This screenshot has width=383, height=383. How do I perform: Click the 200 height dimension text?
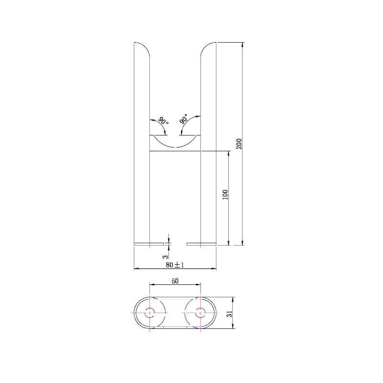[239, 144]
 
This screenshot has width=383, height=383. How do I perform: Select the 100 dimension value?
[225, 194]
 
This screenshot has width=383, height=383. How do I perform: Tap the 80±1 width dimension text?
[175, 265]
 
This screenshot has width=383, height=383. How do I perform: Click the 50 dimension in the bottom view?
[175, 282]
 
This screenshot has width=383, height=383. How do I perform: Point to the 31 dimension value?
[229, 314]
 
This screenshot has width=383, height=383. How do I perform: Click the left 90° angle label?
[163, 121]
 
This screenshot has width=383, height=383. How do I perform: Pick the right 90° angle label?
[185, 120]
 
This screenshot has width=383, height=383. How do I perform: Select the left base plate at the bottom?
[148, 244]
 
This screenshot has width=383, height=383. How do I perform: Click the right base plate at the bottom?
[201, 244]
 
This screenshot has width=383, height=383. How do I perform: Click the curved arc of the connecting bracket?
[175, 146]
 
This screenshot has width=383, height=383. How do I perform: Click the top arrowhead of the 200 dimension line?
[243, 45]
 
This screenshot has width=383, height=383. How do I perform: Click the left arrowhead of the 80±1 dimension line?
[136, 269]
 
